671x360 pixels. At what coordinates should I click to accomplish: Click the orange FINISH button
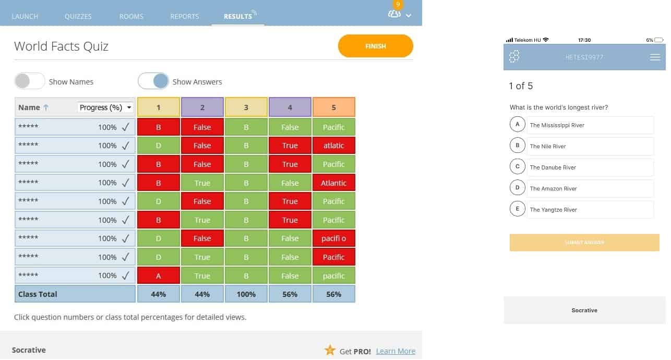tap(375, 46)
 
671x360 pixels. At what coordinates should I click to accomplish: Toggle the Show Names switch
tap(30, 81)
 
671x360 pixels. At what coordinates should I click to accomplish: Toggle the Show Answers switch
tap(153, 81)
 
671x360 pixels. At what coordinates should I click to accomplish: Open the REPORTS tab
tap(184, 16)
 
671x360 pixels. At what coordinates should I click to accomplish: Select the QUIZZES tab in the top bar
tap(78, 16)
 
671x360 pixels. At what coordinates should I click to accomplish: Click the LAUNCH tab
tap(25, 16)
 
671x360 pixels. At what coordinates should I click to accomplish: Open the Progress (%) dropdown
tap(105, 107)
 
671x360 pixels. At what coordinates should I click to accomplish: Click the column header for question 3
tap(246, 107)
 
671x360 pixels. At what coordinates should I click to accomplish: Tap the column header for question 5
tap(333, 107)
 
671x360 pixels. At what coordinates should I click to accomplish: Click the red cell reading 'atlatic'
tap(333, 146)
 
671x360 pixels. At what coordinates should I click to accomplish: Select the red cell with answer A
tap(158, 275)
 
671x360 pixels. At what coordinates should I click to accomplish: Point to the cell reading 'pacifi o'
tap(333, 238)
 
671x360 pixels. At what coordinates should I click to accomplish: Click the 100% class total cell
tap(246, 294)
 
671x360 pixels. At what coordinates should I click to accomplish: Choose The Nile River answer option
tap(590, 146)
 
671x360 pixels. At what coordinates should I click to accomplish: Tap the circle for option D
tap(517, 188)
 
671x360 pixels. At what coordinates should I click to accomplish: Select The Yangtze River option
tap(590, 210)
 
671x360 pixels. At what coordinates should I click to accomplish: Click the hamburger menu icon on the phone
tap(655, 57)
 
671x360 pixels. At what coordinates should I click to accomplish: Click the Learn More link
tap(396, 351)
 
